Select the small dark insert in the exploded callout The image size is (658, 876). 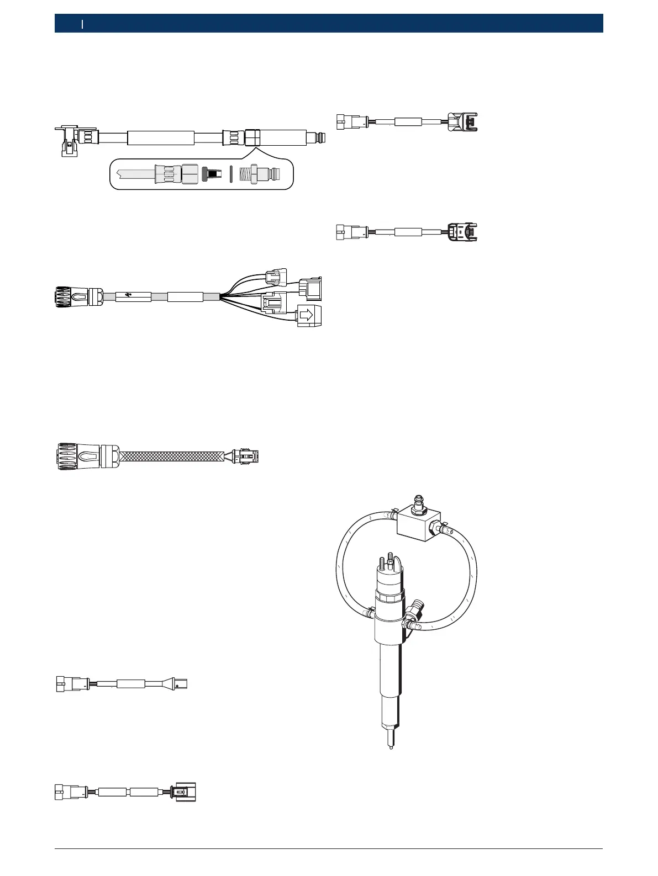(x=208, y=174)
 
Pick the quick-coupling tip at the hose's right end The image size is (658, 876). (x=318, y=136)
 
